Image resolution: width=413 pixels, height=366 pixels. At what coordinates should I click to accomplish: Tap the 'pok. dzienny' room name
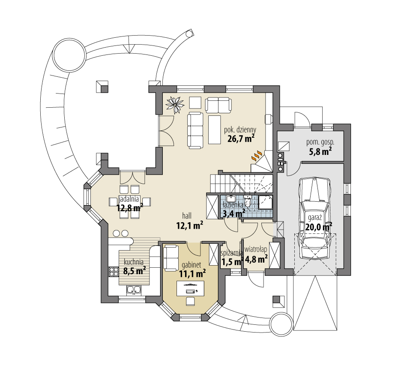(x=240, y=129)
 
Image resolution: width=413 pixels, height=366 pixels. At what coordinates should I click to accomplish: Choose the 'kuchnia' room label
(x=133, y=262)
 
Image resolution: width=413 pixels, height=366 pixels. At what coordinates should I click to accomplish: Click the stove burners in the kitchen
(x=114, y=271)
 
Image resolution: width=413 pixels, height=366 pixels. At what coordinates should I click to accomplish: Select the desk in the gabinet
(x=191, y=287)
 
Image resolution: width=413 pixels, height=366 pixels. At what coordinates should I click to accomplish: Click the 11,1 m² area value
(x=192, y=272)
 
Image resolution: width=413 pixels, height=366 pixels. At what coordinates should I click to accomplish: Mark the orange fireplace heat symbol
(x=256, y=155)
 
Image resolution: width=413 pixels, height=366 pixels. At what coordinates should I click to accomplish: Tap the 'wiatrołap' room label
(x=256, y=249)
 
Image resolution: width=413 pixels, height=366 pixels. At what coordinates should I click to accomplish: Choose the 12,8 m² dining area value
(x=129, y=208)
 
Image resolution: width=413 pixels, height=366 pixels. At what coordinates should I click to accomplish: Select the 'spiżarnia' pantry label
(x=231, y=253)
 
